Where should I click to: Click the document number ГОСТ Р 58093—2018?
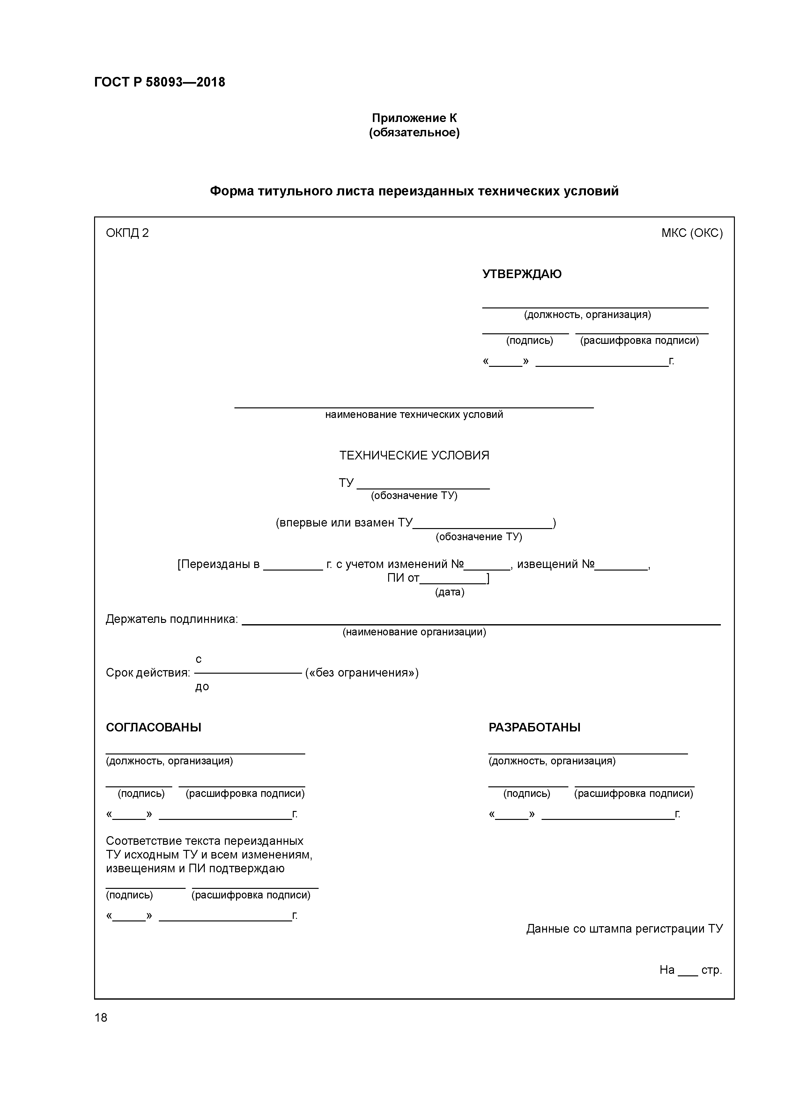(x=159, y=82)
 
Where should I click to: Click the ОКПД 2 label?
(x=127, y=233)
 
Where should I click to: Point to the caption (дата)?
(x=449, y=592)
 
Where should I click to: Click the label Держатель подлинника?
(x=172, y=619)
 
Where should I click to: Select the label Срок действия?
(x=148, y=673)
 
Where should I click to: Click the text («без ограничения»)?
(x=362, y=673)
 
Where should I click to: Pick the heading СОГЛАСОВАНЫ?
(x=153, y=727)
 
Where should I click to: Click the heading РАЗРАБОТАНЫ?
(x=534, y=727)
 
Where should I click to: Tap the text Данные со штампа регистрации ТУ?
(x=624, y=928)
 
